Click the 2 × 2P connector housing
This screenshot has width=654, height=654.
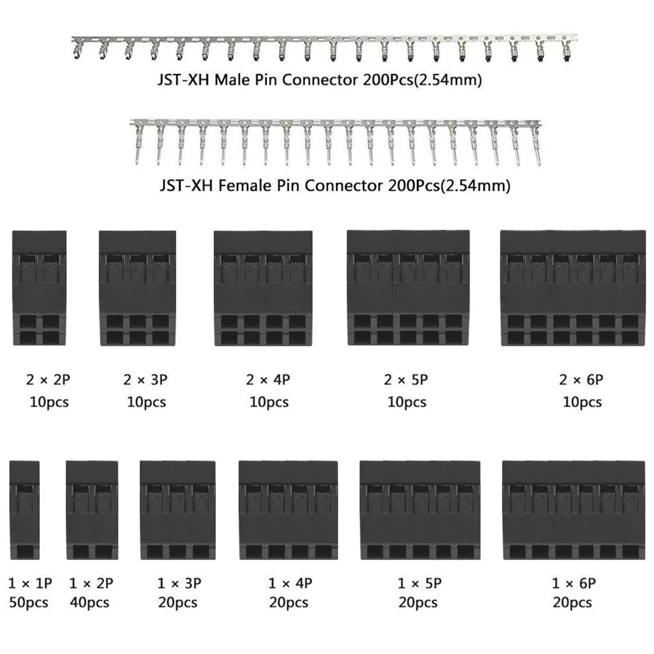point(39,288)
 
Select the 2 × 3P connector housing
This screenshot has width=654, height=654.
point(137,288)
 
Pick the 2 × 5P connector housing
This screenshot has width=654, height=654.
point(408,288)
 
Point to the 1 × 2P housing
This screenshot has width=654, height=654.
point(92,510)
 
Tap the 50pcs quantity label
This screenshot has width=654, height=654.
point(29,602)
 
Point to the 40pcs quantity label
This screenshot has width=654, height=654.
point(90,602)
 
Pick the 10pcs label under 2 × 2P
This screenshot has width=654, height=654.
point(49,401)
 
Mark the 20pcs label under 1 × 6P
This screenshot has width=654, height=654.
point(572,602)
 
